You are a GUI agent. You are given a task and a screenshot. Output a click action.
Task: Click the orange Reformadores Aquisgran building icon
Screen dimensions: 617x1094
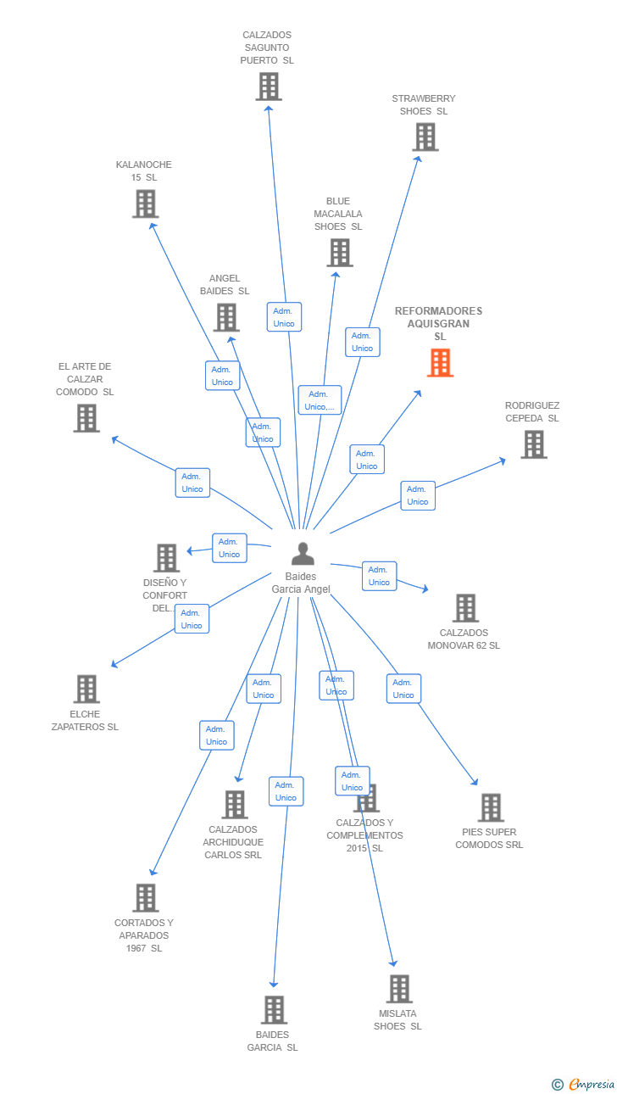[x=441, y=362]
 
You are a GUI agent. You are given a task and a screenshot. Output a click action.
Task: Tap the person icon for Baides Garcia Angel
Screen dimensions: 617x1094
[x=303, y=553]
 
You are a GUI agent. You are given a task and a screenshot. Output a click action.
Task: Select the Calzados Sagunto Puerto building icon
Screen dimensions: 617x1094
[x=269, y=87]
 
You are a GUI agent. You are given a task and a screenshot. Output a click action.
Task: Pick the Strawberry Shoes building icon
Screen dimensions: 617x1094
[x=425, y=137]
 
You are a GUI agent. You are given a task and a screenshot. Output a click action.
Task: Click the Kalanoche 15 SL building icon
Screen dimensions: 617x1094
[x=146, y=204]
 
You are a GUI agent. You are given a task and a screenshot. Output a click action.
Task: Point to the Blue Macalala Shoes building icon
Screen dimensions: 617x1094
[x=340, y=253]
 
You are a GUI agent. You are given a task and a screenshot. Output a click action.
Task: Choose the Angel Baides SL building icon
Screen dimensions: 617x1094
[x=226, y=317]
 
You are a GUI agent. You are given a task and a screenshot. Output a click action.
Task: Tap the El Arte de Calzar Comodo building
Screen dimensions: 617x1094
[x=86, y=418]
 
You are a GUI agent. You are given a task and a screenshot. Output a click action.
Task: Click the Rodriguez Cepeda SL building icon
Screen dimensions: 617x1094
[x=534, y=444]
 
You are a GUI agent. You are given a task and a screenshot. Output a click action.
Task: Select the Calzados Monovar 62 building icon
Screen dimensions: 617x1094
[x=465, y=608]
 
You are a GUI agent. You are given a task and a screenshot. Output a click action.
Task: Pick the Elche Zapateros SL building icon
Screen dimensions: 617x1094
[x=86, y=689]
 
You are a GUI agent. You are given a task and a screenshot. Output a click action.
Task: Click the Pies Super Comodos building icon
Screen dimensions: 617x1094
[x=491, y=807]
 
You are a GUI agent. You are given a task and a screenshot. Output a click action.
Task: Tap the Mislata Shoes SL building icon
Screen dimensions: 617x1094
[x=399, y=989]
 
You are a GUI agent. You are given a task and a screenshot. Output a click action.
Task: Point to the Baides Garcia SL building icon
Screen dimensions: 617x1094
[x=274, y=1010]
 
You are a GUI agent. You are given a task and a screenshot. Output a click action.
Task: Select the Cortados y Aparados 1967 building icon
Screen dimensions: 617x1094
[x=146, y=897]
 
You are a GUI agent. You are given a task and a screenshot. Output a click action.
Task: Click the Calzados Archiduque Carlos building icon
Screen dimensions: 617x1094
[x=235, y=804]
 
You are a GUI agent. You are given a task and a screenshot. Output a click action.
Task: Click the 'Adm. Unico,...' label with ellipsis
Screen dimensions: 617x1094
[x=320, y=400]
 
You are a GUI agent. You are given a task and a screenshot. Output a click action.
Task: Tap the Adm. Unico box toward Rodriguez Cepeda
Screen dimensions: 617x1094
[x=418, y=496]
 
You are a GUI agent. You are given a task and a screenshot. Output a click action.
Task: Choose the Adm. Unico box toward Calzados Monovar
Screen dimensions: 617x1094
[x=380, y=577]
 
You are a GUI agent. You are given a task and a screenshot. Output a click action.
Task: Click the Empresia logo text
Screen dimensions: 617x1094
[x=591, y=1084]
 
